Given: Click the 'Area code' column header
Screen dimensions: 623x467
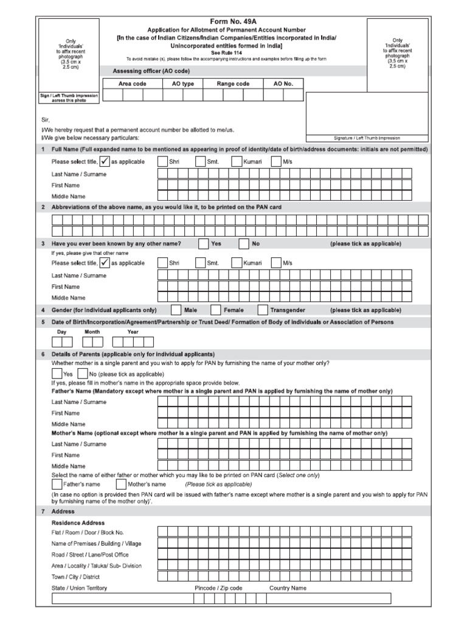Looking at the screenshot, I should [x=133, y=83].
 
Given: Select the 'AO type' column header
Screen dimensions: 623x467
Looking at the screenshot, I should [x=183, y=83].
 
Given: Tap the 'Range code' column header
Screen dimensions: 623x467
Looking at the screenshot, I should [x=233, y=83].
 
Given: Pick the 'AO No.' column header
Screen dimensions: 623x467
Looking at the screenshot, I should [x=283, y=83].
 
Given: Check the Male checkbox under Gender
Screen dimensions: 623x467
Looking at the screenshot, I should [x=176, y=310].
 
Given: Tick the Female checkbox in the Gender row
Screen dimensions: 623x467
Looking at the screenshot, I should [x=215, y=310].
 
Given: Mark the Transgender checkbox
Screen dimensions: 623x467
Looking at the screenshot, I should [x=263, y=310].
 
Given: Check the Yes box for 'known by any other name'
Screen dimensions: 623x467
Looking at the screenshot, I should [x=202, y=244].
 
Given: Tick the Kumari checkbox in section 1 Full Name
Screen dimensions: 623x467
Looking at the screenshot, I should [x=237, y=161].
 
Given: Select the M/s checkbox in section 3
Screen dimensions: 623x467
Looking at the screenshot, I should [x=275, y=263].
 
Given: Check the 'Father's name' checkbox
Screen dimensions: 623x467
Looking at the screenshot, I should [x=57, y=484].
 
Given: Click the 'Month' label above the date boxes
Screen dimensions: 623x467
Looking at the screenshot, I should [x=92, y=332].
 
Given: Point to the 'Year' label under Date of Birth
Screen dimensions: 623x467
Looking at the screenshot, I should [x=133, y=332].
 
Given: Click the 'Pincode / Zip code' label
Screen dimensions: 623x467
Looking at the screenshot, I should [x=218, y=588].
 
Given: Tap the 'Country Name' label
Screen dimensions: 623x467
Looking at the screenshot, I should [x=288, y=588].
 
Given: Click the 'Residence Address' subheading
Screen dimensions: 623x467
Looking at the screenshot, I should [x=78, y=523].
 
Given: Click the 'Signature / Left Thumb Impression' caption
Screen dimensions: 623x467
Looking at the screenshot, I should [x=367, y=138].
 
